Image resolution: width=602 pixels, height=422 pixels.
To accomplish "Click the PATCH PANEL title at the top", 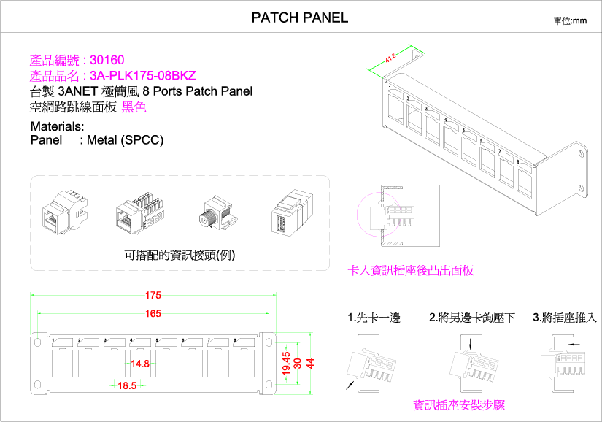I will (x=300, y=18).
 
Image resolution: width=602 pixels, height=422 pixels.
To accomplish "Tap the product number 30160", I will (x=107, y=60).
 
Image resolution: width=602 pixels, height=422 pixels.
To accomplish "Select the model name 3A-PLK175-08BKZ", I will (x=143, y=75).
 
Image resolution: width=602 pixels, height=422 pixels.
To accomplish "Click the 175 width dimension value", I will (x=153, y=296).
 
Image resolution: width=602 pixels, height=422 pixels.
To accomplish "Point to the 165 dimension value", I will (x=153, y=314).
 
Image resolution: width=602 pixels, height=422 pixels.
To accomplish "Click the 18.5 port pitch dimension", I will (x=127, y=385).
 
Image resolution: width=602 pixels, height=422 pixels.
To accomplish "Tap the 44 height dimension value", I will (x=310, y=363).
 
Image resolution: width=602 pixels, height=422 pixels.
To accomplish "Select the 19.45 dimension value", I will (x=286, y=363).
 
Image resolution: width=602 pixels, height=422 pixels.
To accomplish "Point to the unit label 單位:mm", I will (x=570, y=20).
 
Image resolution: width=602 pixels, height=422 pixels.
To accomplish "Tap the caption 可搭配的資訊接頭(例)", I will (x=180, y=255).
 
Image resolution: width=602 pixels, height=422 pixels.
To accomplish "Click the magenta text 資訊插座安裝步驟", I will (x=459, y=404).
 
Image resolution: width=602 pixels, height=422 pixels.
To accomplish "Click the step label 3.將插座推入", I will (x=565, y=318).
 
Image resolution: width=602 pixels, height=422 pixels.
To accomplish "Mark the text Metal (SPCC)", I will (x=125, y=139).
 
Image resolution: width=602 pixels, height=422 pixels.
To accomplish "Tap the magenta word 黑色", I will (x=134, y=107).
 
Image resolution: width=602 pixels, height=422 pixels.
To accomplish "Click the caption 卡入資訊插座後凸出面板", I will (x=411, y=270).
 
